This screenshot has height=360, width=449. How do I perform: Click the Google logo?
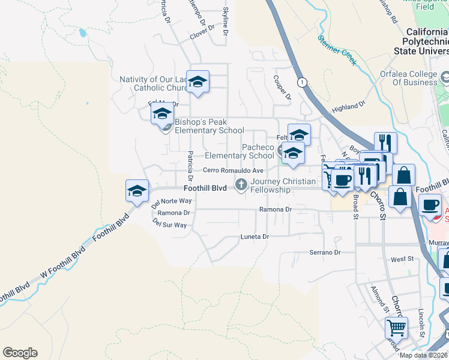[x=20, y=353]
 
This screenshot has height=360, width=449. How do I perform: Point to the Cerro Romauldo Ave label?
[x=233, y=170]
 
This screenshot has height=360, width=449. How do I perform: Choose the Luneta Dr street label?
[x=255, y=236]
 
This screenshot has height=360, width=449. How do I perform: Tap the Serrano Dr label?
[x=325, y=253]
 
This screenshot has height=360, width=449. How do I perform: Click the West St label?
[x=402, y=259]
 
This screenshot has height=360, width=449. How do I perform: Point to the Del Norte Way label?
[x=172, y=202]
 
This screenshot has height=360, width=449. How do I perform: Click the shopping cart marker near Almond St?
[x=396, y=328]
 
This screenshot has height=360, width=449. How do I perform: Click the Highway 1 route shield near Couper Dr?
[x=301, y=82]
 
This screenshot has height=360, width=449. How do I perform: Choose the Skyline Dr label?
[x=226, y=20]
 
